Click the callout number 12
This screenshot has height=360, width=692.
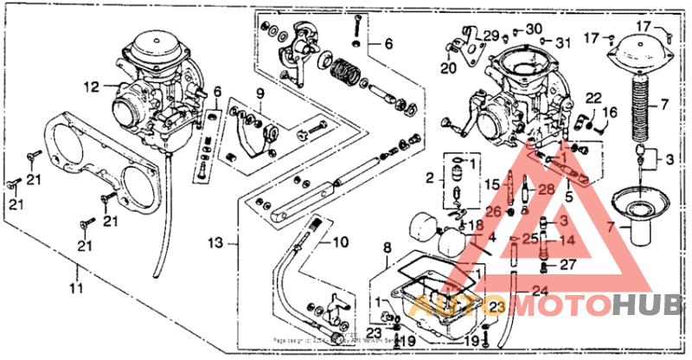(92, 86)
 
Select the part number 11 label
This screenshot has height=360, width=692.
(77, 287)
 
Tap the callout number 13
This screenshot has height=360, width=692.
(215, 243)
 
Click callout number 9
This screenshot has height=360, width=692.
(258, 93)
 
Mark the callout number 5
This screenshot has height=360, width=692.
(568, 196)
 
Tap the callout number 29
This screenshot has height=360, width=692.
(491, 36)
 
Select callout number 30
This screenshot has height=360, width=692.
(533, 29)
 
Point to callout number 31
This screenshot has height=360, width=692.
(563, 42)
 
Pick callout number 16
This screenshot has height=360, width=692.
(610, 112)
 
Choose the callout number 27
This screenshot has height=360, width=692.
(567, 265)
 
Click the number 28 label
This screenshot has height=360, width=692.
(546, 189)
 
